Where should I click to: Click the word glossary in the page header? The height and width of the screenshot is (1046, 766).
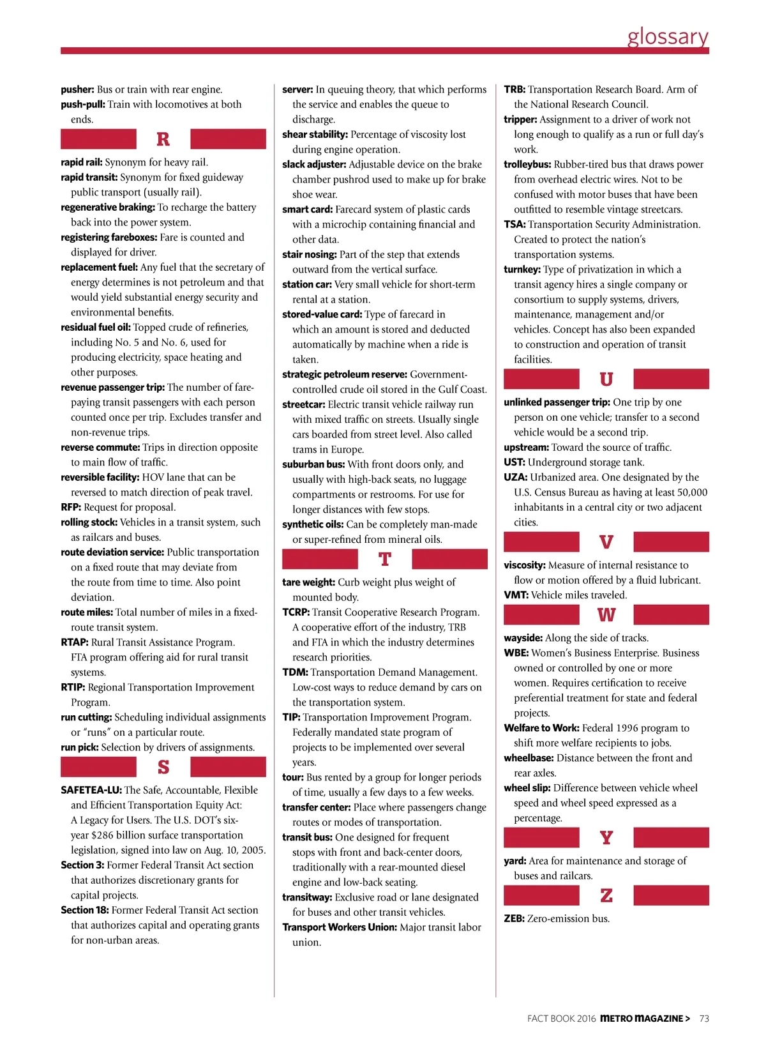tap(668, 36)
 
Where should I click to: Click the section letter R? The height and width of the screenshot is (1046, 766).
tap(163, 139)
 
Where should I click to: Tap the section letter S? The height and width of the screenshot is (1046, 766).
tap(163, 767)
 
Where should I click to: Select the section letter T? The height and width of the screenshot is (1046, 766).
tap(384, 559)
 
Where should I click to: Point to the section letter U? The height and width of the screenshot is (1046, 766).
tap(606, 379)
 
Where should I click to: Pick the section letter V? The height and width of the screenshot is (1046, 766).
tap(606, 542)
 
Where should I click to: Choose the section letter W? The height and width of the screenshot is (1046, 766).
tap(606, 615)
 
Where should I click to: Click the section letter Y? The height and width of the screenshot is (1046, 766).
tap(606, 838)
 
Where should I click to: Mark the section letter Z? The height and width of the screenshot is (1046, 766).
tap(606, 895)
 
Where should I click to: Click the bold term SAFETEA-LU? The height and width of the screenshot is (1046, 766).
tap(91, 791)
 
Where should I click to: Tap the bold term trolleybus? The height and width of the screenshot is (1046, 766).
tap(527, 165)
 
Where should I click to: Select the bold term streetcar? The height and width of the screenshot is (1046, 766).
tap(304, 405)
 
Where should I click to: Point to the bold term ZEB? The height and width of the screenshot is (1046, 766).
tap(514, 919)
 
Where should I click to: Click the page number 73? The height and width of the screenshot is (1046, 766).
tap(704, 1019)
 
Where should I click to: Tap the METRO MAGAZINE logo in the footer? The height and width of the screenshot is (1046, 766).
tap(644, 1019)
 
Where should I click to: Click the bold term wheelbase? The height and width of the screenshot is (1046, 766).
tap(529, 758)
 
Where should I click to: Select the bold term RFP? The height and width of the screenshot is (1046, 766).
tap(71, 508)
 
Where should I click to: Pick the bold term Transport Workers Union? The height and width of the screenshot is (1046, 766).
tap(340, 927)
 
